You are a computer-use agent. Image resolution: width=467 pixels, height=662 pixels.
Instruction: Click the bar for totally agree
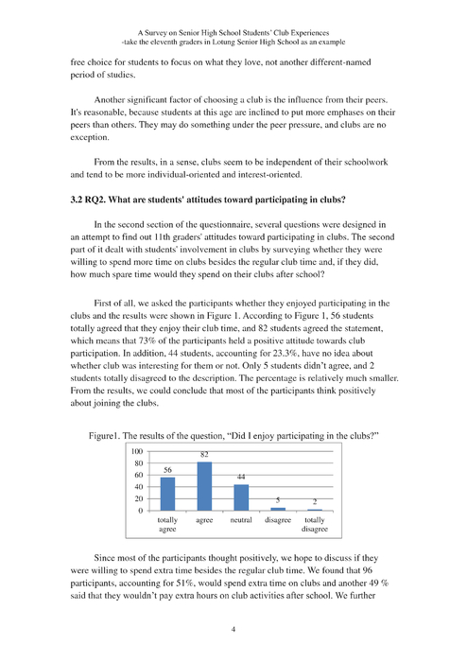[167, 494]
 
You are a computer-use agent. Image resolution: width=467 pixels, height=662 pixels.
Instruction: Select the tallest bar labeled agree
[203, 486]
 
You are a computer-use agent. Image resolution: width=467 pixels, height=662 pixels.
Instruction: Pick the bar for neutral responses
[240, 497]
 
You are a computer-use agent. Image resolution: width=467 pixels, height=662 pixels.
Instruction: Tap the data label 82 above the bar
[203, 455]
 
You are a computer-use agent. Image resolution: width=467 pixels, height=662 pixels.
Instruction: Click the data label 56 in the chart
[167, 470]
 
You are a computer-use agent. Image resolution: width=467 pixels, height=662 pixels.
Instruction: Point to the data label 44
[241, 478]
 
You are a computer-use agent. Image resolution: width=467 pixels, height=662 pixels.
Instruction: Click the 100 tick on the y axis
[137, 452]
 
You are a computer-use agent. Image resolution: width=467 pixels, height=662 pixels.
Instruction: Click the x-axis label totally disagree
[314, 525]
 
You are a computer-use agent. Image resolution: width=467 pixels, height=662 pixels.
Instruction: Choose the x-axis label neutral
[241, 520]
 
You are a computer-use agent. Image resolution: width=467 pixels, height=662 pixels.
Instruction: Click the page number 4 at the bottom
[233, 627]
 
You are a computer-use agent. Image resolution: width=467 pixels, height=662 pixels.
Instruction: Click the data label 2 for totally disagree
[314, 502]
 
